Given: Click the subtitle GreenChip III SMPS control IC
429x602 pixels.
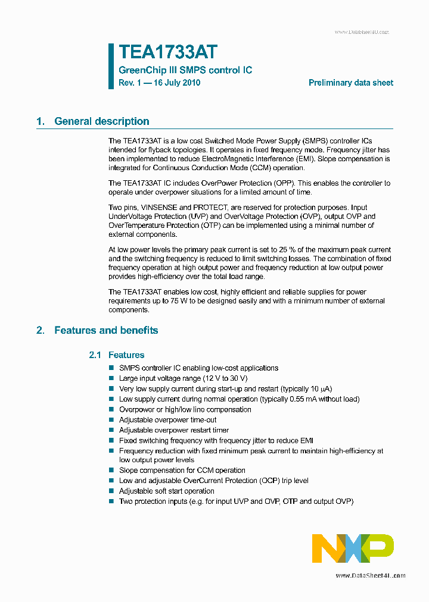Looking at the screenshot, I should (185, 70).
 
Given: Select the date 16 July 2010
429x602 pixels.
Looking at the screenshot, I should (177, 83).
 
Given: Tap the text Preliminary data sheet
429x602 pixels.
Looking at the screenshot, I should (350, 83).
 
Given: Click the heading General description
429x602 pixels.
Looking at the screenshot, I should (101, 121).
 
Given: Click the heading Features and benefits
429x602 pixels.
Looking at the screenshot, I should (106, 330).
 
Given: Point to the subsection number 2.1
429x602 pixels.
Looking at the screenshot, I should (95, 355).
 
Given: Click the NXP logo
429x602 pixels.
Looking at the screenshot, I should (353, 548).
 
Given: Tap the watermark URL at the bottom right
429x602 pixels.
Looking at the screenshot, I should (370, 576).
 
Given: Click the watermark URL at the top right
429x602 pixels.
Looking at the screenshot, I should (361, 32).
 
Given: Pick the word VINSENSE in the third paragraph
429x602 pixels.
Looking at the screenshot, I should (160, 208).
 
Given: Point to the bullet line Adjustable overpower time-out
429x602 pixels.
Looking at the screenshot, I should (167, 420).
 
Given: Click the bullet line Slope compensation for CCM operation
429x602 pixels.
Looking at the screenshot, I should (182, 471).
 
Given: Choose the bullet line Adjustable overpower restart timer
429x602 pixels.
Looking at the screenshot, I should (173, 430).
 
